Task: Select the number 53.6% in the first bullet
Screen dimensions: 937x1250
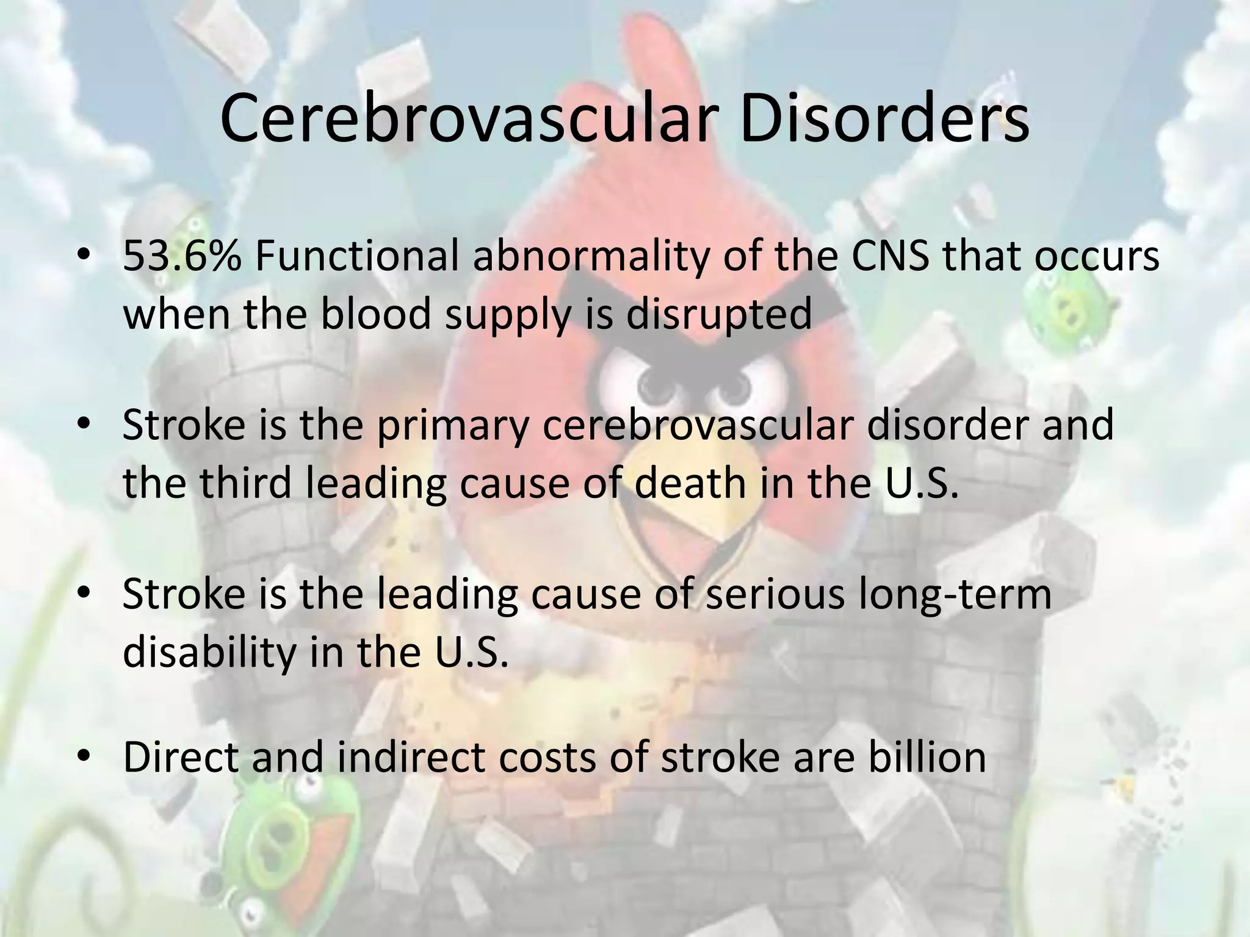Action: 182,257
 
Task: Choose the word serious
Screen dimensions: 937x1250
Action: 776,594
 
